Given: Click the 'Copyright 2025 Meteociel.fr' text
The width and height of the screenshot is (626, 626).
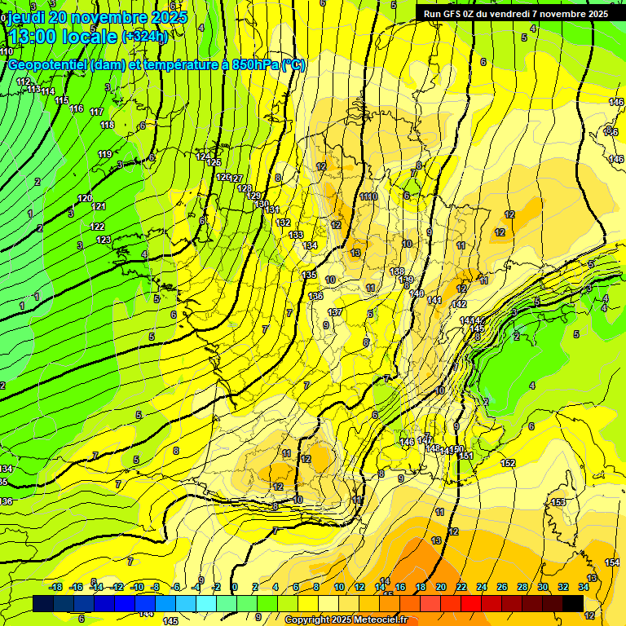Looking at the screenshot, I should pyautogui.click(x=346, y=620).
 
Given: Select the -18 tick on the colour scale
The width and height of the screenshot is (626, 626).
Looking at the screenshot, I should pyautogui.click(x=55, y=587).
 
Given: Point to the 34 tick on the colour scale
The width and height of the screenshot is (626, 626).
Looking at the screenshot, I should pyautogui.click(x=584, y=587).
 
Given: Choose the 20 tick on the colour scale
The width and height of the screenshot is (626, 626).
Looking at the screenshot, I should pyautogui.click(x=441, y=587).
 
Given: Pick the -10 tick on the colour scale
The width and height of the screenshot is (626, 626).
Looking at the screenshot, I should pyautogui.click(x=138, y=587).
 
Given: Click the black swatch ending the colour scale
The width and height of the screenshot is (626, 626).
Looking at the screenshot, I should pyautogui.click(x=573, y=603).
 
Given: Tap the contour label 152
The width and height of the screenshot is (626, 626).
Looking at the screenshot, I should pyautogui.click(x=508, y=463).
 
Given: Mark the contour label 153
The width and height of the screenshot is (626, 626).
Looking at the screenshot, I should pyautogui.click(x=558, y=502).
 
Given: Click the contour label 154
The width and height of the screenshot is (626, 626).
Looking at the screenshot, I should pyautogui.click(x=612, y=562).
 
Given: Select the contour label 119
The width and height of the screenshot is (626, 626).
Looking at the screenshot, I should pyautogui.click(x=105, y=154).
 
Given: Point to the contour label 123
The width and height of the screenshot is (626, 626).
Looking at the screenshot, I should pyautogui.click(x=104, y=240).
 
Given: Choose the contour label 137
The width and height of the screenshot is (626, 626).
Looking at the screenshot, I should pyautogui.click(x=335, y=312).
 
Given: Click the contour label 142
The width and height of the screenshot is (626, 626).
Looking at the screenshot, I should pyautogui.click(x=459, y=304).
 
